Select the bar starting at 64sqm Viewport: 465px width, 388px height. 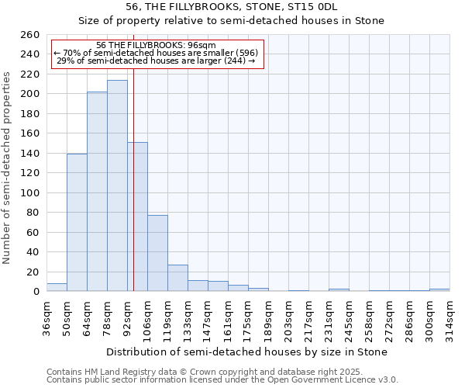97,192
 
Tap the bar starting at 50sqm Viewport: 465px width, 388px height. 77,223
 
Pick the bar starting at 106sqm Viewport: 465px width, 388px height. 157,254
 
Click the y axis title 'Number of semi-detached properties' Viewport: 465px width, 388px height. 8,168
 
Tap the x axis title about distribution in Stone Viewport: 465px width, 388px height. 246,352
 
